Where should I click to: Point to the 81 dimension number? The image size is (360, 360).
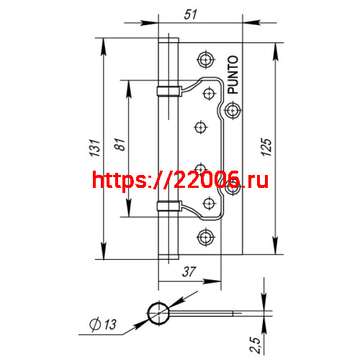pos(120,144)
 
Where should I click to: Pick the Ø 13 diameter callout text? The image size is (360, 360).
pos(104,325)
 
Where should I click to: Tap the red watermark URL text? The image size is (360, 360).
pos(180,180)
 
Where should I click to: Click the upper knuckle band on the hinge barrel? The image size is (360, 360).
pos(166,90)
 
